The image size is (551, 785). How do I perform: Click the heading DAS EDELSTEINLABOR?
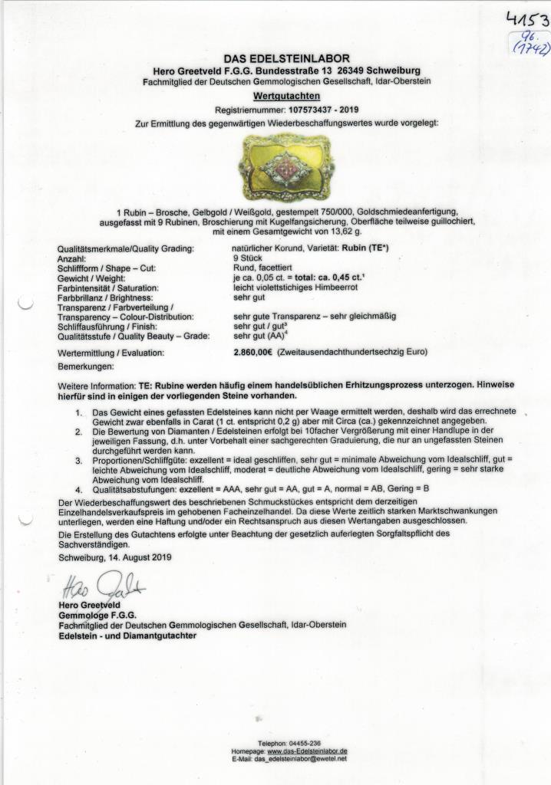click(x=286, y=59)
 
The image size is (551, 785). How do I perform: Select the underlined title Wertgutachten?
click(x=285, y=97)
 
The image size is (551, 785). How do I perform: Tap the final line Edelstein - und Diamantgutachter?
click(x=127, y=636)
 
